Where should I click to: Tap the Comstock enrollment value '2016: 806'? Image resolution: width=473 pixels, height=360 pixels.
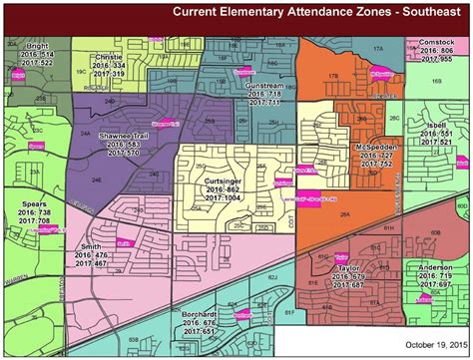pos(432,49)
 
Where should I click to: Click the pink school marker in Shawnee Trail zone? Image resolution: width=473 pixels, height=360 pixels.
pos(162,125)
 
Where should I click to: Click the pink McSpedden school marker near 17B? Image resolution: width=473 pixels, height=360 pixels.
pos(381,73)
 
